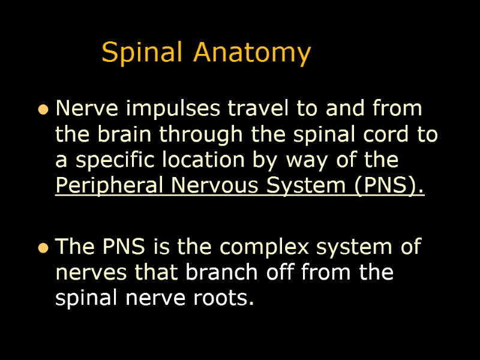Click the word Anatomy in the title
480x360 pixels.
point(252,53)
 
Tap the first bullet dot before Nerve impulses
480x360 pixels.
point(43,110)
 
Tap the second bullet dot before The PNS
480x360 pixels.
point(43,248)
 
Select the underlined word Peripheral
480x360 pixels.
point(110,187)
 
